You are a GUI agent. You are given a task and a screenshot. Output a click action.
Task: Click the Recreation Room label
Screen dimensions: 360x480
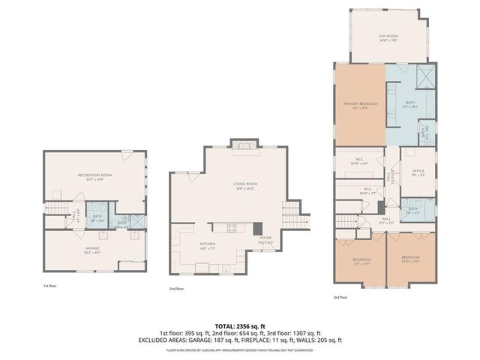click(94, 176)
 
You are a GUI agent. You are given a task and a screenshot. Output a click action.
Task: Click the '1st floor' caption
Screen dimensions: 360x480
click(50, 286)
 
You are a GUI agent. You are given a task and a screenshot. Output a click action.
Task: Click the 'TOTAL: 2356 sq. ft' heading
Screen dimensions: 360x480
click(239, 326)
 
